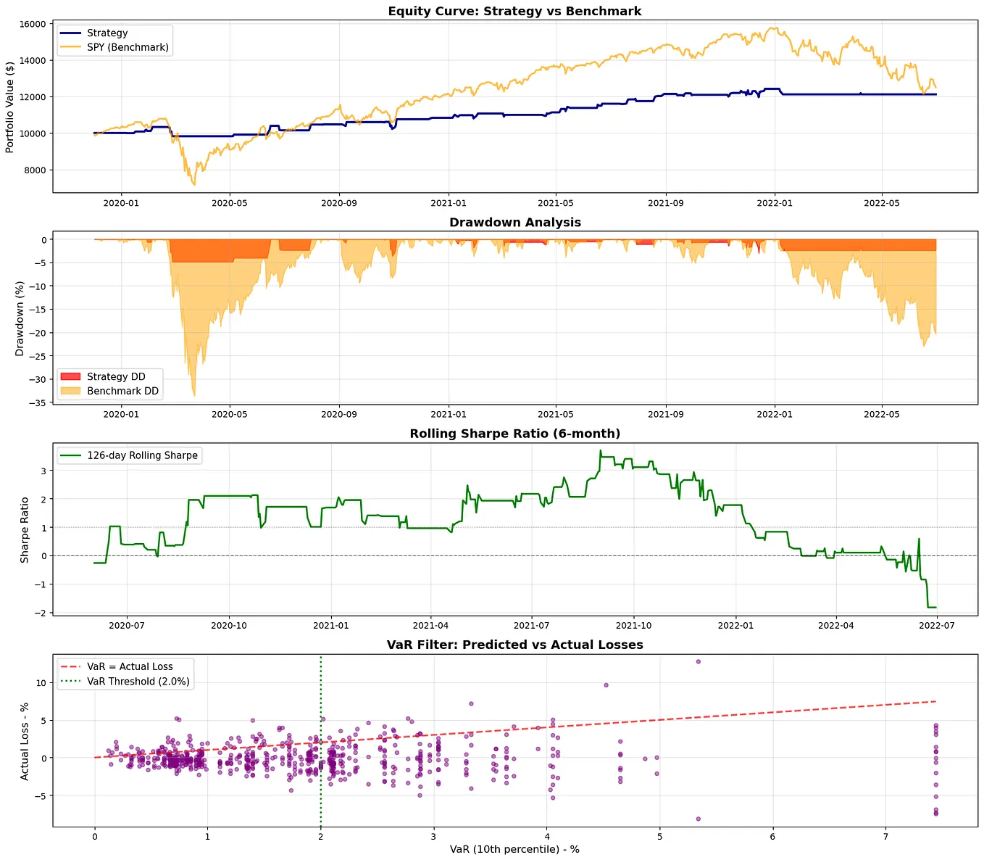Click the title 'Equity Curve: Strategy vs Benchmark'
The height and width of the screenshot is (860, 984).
point(514,11)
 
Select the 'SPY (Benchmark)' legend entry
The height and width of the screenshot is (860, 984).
point(128,47)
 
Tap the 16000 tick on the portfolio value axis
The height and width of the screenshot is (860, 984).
point(32,24)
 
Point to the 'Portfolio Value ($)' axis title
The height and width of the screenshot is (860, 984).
point(9,107)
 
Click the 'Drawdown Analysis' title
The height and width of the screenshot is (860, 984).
point(514,222)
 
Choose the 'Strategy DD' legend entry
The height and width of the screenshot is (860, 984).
point(116,376)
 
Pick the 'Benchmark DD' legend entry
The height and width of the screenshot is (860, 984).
point(122,391)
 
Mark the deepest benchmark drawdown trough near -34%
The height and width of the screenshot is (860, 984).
point(194,395)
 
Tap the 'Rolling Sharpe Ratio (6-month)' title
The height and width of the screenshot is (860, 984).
point(514,434)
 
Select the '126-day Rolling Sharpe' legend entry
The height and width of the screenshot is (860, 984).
point(142,455)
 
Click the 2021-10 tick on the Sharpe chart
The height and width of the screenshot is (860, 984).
point(633,625)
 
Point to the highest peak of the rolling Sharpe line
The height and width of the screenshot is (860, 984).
point(600,450)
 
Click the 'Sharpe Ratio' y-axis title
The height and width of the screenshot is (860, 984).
point(25,530)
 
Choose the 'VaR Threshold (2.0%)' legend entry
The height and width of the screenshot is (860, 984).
point(138,681)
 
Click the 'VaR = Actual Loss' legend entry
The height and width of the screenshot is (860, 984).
point(130,666)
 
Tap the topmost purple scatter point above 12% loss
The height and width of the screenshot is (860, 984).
point(698,661)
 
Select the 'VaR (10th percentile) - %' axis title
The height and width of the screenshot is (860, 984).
point(514,849)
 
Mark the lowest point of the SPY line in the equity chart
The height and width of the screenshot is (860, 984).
point(194,185)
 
